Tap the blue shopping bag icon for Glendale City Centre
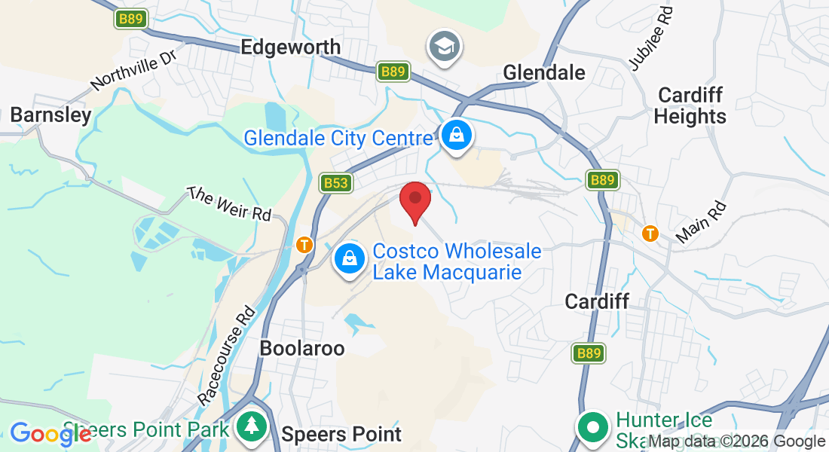(x=457, y=136)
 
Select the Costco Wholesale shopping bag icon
(x=350, y=258)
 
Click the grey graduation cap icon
(x=445, y=47)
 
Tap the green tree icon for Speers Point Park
(x=249, y=426)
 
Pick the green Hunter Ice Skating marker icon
(x=593, y=426)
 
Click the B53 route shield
(x=337, y=183)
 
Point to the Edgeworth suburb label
(x=290, y=47)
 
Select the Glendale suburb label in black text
(x=543, y=72)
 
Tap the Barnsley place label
(x=50, y=115)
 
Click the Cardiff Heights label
(x=690, y=105)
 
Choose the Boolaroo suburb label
(x=301, y=348)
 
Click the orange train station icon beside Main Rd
(x=650, y=234)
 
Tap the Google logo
(x=49, y=434)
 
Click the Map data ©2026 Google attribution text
(x=736, y=441)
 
